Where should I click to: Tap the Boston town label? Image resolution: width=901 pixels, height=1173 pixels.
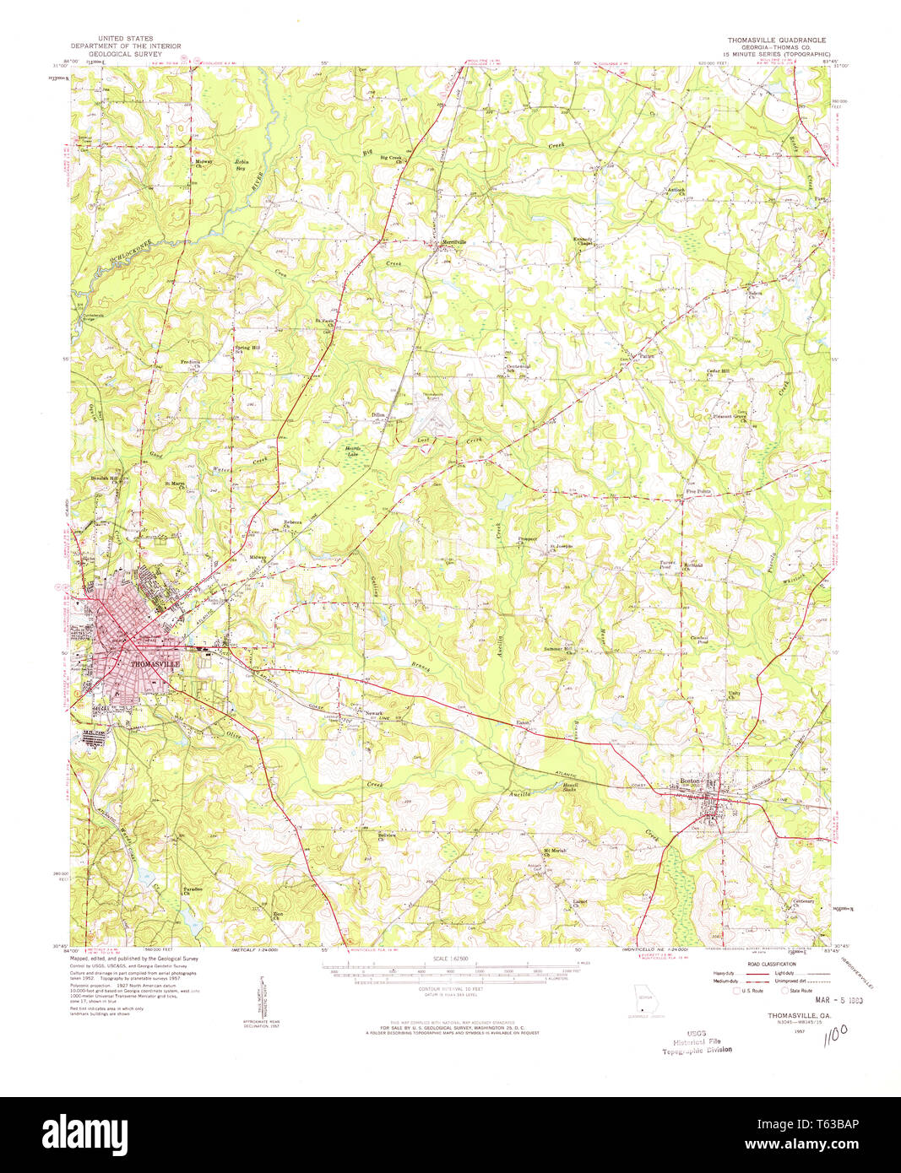click(x=690, y=781)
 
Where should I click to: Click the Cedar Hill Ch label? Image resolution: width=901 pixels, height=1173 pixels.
click(x=718, y=372)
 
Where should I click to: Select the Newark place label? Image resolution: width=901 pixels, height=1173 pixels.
click(x=373, y=713)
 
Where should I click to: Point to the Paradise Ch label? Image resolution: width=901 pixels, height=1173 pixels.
click(x=192, y=890)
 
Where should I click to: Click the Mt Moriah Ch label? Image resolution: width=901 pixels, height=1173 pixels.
click(x=552, y=851)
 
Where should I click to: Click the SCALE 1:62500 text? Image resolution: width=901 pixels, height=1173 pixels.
click(x=450, y=959)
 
